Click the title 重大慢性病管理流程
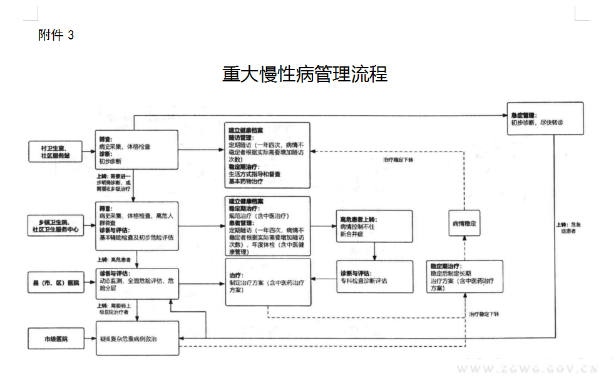click(x=305, y=74)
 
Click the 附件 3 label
click(x=56, y=35)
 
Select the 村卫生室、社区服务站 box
click(x=56, y=150)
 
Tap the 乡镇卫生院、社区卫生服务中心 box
click(x=56, y=225)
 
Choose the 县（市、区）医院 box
click(x=56, y=283)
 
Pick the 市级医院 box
click(x=56, y=339)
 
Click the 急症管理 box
click(x=546, y=118)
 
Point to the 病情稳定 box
click(x=464, y=223)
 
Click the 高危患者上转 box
click(x=374, y=225)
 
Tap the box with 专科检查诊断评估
click(x=374, y=277)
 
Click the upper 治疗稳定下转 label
click(x=398, y=160)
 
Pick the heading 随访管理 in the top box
click(x=242, y=138)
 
